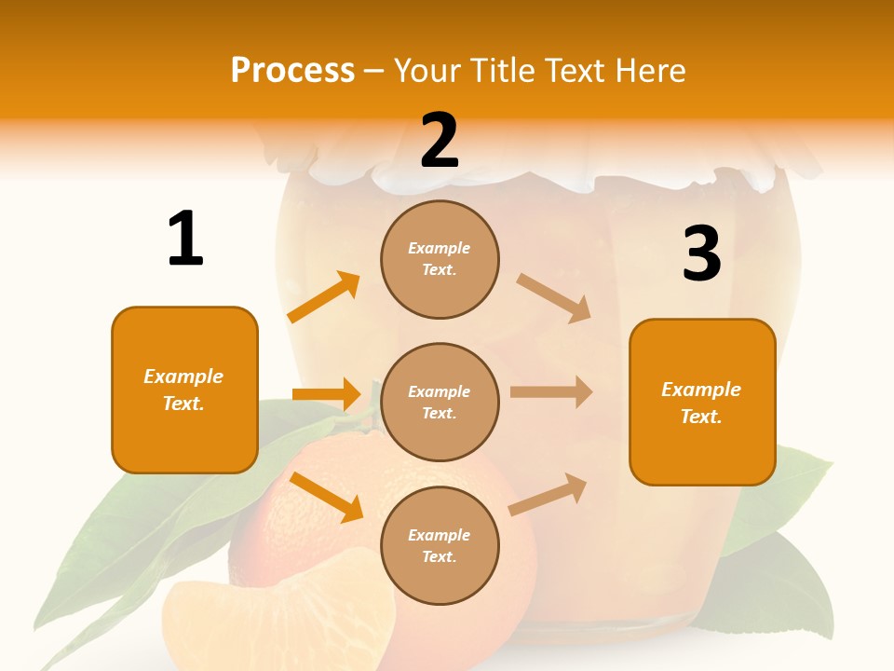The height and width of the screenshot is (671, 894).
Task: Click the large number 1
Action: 185,240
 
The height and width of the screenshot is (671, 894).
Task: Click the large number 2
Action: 440,141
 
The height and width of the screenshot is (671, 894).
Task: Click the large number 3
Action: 701,254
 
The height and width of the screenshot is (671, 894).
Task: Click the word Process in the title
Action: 292,71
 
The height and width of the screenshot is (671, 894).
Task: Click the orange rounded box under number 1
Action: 184,390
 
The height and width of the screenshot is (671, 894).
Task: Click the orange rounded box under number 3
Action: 702,402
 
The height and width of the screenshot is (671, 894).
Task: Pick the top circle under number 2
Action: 440,259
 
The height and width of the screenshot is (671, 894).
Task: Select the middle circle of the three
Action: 440,402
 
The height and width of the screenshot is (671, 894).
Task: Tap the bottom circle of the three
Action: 440,545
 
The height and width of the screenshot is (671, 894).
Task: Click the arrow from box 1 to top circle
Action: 324,297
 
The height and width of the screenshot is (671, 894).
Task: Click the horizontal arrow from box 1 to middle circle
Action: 326,394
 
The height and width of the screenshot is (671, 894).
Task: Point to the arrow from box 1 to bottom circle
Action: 326,496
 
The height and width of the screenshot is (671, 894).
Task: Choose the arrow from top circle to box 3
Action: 554,297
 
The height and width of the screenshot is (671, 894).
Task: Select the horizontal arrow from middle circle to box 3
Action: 550,392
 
